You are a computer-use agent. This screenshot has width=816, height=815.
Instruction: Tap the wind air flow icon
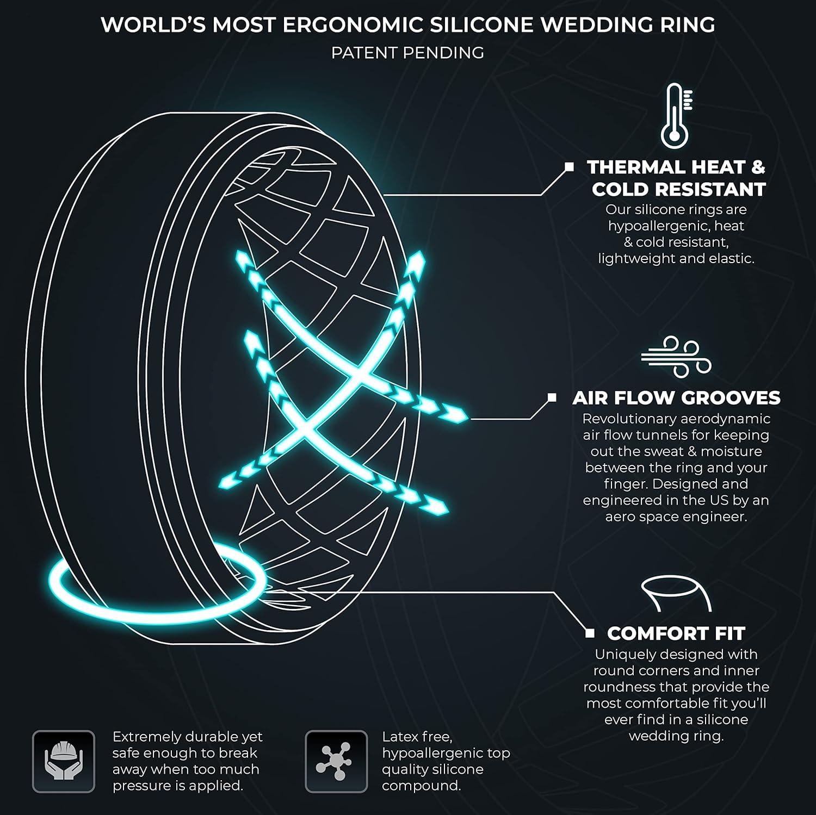[x=676, y=357]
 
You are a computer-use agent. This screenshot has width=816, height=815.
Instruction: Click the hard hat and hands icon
[x=64, y=761]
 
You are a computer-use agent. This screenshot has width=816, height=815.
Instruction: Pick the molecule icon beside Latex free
[x=336, y=761]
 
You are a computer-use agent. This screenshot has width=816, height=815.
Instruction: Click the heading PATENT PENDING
[x=407, y=53]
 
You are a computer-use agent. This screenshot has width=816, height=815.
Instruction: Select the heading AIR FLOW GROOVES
[x=676, y=398]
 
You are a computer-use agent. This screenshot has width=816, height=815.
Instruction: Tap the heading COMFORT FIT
[x=676, y=633]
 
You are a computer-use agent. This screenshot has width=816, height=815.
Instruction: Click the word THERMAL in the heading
[x=631, y=167]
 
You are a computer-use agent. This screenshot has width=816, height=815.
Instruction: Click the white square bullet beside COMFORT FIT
[x=590, y=633]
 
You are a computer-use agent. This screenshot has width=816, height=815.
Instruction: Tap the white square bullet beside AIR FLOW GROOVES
[x=552, y=398]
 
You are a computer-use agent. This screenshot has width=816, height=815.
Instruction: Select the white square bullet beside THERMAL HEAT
[x=569, y=167]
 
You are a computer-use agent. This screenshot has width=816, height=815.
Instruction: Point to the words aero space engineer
[x=676, y=517]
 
